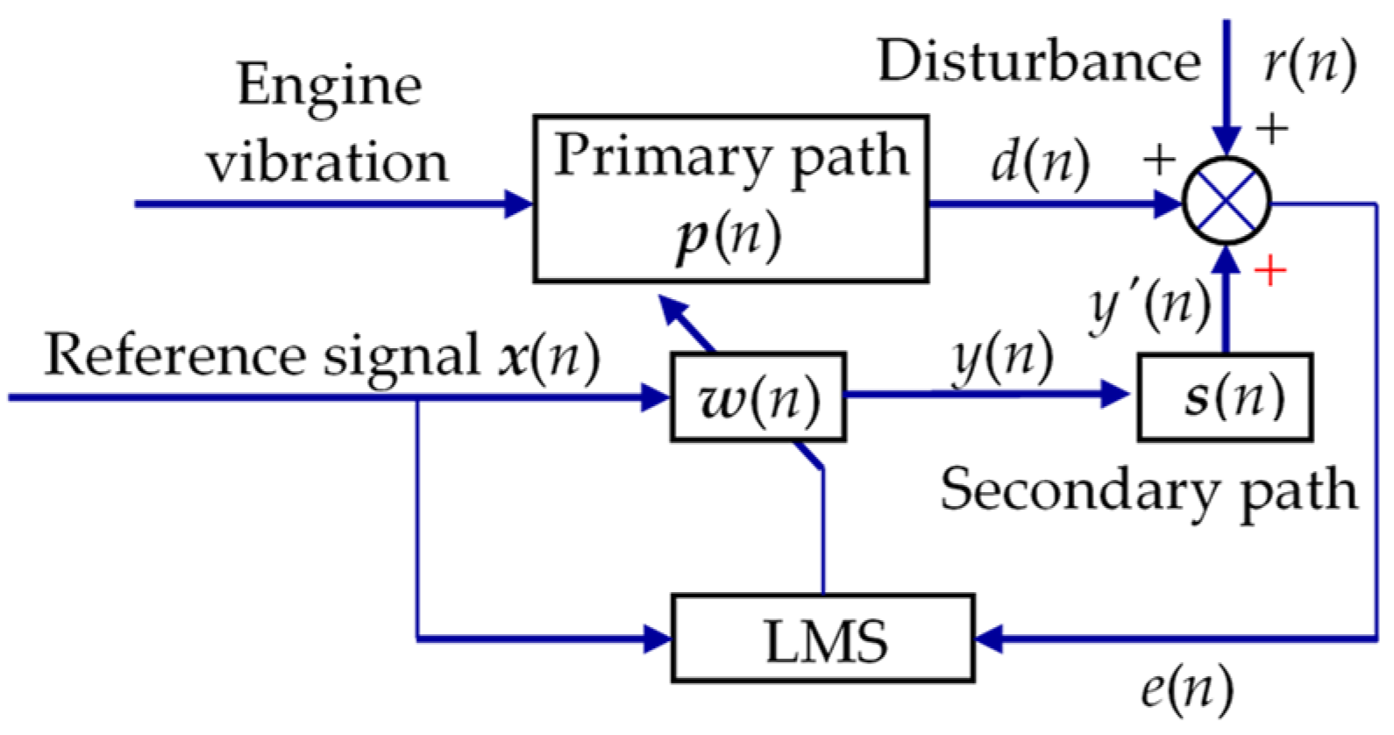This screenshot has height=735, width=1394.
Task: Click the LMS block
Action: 822,639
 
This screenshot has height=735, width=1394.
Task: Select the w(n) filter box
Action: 758,397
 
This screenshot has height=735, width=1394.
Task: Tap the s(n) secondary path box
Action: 1226,397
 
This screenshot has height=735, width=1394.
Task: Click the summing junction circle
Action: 1227,202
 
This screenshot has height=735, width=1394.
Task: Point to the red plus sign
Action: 1270,271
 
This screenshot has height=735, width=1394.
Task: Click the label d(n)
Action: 1040,162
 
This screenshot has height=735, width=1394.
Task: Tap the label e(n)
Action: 1186,689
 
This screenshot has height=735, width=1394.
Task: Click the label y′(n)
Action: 1149,306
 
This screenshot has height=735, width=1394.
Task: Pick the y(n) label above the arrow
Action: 1002,357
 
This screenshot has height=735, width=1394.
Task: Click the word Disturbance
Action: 1039,61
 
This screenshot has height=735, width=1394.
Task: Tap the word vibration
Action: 327,162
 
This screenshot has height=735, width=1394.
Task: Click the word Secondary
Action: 1079,489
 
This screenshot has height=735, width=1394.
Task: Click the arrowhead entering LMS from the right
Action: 989,639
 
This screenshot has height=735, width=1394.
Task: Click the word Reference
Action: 172,355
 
